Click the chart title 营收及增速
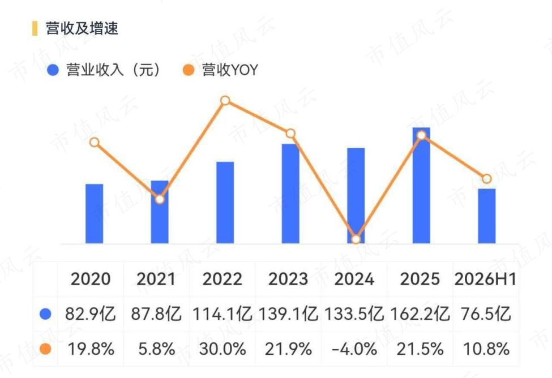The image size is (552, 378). point(82,28)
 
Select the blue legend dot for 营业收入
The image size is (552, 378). point(53,70)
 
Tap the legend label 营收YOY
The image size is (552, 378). point(230,70)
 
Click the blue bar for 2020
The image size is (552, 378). point(95,214)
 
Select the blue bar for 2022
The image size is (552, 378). point(225,203)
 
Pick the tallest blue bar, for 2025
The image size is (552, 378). point(421,186)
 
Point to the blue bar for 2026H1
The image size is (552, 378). point(486,216)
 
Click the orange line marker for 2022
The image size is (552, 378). point(225,101)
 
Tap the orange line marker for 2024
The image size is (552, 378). point(356,239)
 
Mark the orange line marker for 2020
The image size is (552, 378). point(95,142)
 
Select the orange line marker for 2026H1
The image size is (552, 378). point(486,179)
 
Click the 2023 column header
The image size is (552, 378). point(288,279)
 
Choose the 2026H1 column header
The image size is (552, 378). point(485,279)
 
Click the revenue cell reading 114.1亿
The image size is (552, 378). point(222,313)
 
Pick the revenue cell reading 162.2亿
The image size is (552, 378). point(420,313)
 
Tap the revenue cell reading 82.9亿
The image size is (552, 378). point(91,313)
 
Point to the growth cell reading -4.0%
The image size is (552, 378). point(354,349)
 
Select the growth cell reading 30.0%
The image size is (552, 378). point(222,349)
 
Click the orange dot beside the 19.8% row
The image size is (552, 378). point(46,349)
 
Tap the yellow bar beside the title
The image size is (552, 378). point(35,28)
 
